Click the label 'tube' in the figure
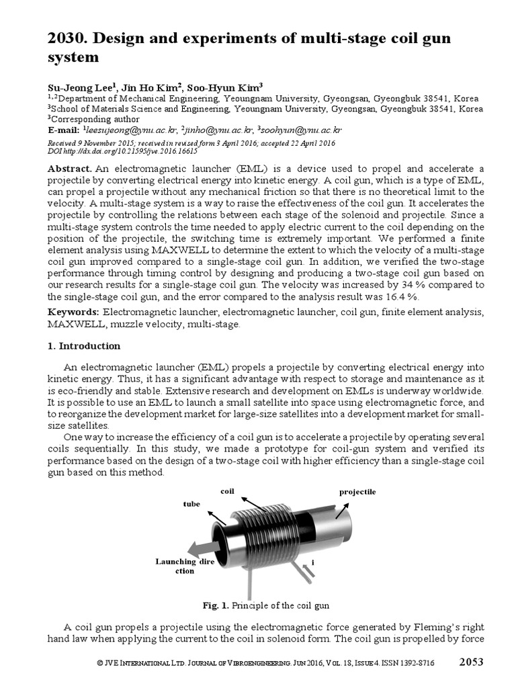(x=192, y=503)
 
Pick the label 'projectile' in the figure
(x=357, y=492)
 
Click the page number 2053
(x=471, y=662)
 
